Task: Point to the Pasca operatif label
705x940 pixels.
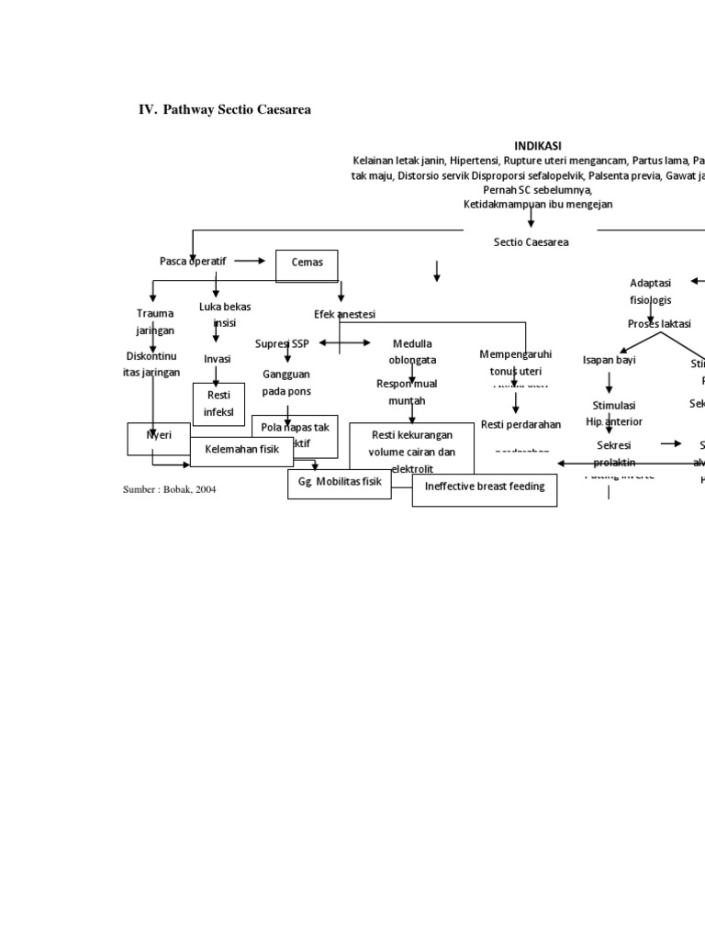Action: click(x=192, y=261)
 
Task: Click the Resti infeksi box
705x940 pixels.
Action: click(x=218, y=404)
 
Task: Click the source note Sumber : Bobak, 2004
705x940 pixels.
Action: click(x=170, y=489)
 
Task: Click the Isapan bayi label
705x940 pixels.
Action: click(x=609, y=360)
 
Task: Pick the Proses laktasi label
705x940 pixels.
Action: click(x=659, y=324)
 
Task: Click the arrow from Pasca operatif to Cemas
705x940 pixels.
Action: click(x=250, y=261)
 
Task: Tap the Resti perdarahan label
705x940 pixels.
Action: click(x=520, y=424)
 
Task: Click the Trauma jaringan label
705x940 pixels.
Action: click(x=154, y=321)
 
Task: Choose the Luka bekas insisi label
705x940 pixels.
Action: click(x=225, y=315)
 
